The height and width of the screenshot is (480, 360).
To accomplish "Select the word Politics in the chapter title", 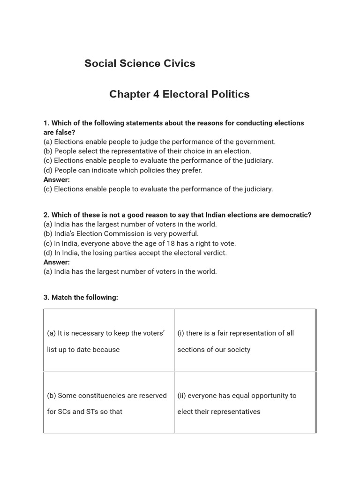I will coord(229,94).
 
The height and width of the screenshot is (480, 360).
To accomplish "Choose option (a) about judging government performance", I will coord(159,142).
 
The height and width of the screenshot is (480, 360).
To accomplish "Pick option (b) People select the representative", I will coord(147,151).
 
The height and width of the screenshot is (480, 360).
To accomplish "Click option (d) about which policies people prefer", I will coord(123,170).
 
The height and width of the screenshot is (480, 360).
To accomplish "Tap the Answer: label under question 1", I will coord(57,180).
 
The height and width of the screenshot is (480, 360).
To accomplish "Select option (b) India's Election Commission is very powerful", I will coord(121,233).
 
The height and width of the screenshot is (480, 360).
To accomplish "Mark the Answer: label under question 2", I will coord(57,262).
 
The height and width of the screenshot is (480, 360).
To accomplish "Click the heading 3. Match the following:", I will coord(81,297).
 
